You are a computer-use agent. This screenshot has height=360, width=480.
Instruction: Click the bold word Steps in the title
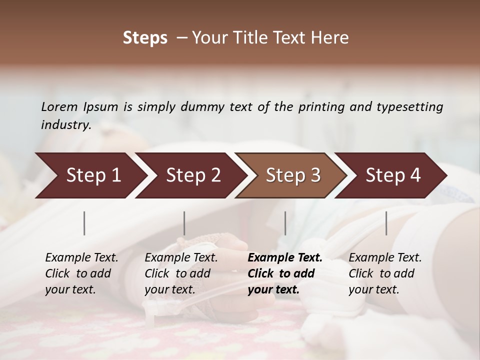pyautogui.click(x=145, y=38)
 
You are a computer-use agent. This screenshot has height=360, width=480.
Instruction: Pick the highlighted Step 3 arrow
pyautogui.click(x=293, y=175)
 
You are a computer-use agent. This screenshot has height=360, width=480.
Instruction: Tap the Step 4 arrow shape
pyautogui.click(x=393, y=175)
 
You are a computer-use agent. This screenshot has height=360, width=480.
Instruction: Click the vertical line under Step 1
pyautogui.click(x=84, y=223)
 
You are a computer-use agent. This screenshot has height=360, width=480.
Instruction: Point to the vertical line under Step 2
pyautogui.click(x=184, y=223)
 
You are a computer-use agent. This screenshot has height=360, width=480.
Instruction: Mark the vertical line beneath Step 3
pyautogui.click(x=285, y=223)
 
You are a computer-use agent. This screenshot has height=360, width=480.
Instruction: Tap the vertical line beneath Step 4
pyautogui.click(x=386, y=223)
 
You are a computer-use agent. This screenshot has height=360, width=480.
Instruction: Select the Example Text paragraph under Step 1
pyautogui.click(x=81, y=273)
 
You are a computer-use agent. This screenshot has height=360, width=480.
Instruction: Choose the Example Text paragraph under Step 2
pyautogui.click(x=181, y=273)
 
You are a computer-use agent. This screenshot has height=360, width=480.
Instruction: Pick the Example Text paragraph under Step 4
pyautogui.click(x=385, y=273)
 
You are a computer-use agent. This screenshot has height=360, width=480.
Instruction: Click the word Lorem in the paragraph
pyautogui.click(x=59, y=106)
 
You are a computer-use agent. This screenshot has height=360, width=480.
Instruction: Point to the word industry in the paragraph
pyautogui.click(x=65, y=124)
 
